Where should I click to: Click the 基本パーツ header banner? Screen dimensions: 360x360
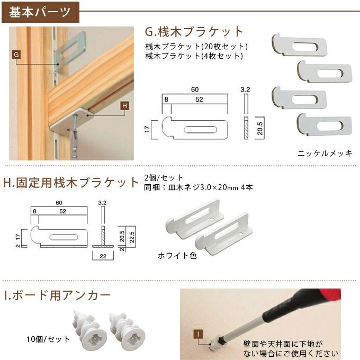click(40, 12)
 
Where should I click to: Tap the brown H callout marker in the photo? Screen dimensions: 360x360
click(124, 106)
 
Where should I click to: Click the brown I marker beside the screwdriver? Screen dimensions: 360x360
click(197, 334)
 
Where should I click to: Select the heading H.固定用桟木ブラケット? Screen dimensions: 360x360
click(71, 183)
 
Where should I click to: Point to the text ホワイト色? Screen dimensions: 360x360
click(177, 255)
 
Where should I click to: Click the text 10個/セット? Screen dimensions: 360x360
click(47, 339)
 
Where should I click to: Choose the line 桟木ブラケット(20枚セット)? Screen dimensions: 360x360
click(196, 46)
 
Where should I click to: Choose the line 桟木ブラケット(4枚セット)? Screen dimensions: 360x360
click(194, 55)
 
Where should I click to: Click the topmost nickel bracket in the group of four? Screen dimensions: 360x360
click(299, 44)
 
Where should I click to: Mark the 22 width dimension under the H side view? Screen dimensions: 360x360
click(104, 256)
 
